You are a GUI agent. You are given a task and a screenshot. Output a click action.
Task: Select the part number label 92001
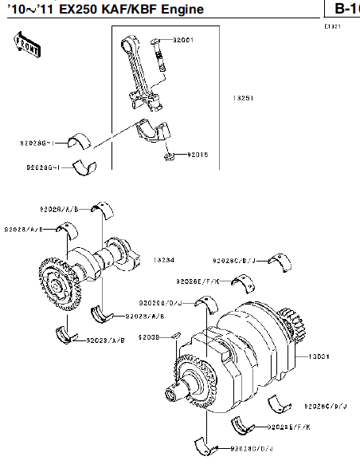pos(182,39)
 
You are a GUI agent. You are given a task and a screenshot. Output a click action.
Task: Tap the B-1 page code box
pos(344,9)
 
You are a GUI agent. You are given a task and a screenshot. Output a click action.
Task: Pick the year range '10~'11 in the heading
pos(29,10)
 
